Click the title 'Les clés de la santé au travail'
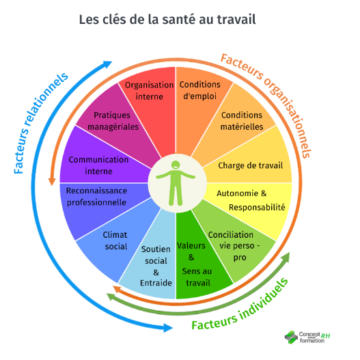click(x=167, y=19)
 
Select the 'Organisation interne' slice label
click(x=149, y=91)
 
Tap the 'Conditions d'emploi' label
click(x=199, y=90)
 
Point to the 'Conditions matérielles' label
click(x=242, y=121)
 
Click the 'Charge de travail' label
click(x=251, y=165)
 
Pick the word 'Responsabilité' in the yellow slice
click(x=257, y=208)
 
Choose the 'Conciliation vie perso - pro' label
click(x=234, y=246)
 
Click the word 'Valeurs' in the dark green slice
click(x=191, y=246)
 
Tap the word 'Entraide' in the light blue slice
click(x=156, y=283)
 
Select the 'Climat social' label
click(x=115, y=240)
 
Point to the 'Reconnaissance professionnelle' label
click(x=96, y=197)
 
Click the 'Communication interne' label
click(x=98, y=165)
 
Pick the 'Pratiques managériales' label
click(x=113, y=121)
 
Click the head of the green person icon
click(x=176, y=165)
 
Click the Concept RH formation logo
click(x=307, y=337)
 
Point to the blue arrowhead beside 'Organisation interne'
click(x=107, y=64)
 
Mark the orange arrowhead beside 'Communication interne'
click(x=52, y=182)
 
